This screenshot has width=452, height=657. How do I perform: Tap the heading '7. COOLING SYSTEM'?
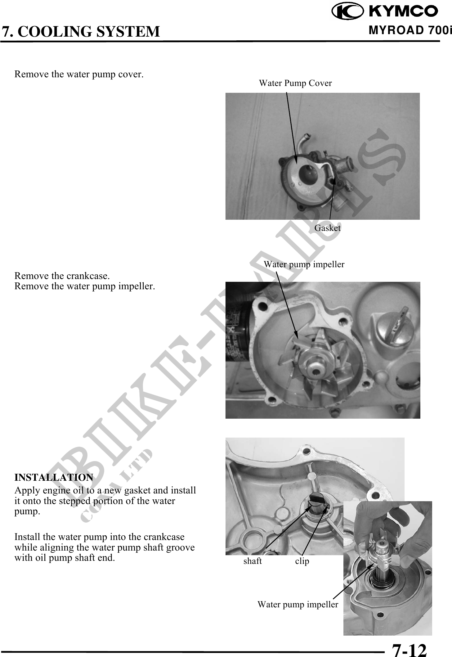pos(81,32)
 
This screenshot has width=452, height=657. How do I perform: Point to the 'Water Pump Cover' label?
pos(295,83)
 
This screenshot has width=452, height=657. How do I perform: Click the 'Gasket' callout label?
pos(327,228)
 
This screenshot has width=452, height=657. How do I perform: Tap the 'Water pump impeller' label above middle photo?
pos(304,264)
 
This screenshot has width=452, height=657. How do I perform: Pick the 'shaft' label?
pos(253,561)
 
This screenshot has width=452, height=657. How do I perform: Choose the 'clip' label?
pos(302,561)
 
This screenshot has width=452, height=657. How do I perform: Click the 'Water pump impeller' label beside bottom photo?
pos(298,605)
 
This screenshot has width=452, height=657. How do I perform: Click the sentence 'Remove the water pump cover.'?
pos(79,74)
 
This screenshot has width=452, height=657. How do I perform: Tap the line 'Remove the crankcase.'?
pos(62,276)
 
